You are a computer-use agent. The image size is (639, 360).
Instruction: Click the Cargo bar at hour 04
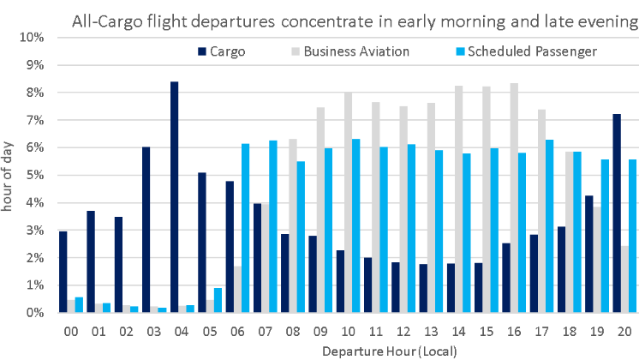click(174, 197)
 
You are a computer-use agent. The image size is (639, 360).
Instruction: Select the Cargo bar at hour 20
click(616, 213)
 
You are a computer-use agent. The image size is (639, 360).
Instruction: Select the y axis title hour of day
click(9, 176)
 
